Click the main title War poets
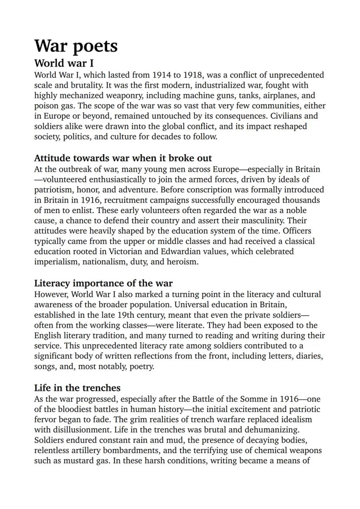(76, 46)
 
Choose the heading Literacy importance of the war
(103, 284)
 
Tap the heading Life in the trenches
(77, 388)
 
